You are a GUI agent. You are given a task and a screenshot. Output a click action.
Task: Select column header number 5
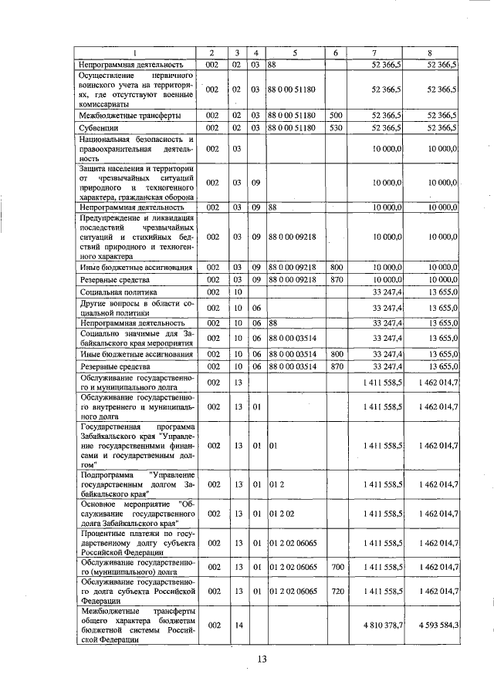pos(294,52)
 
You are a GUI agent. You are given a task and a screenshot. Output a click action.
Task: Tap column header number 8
pos(430,52)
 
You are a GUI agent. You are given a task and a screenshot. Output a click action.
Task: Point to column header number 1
pos(134,52)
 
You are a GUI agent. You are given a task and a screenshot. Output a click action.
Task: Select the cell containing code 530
pos(336,127)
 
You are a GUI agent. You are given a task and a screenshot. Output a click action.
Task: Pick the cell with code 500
pos(336,115)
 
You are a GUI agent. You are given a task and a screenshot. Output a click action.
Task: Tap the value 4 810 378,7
pos(387,625)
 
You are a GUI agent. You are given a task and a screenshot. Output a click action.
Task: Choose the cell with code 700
pos(336,567)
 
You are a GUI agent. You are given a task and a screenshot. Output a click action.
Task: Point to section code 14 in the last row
pos(238,625)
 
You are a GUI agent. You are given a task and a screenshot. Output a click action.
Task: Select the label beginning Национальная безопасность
pos(134,147)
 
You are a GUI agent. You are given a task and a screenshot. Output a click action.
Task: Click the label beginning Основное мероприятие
pos(134,513)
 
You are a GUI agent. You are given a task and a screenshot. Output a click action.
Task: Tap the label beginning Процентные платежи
pos(134,543)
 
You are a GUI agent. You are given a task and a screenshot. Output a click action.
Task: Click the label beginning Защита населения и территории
pos(134,183)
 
